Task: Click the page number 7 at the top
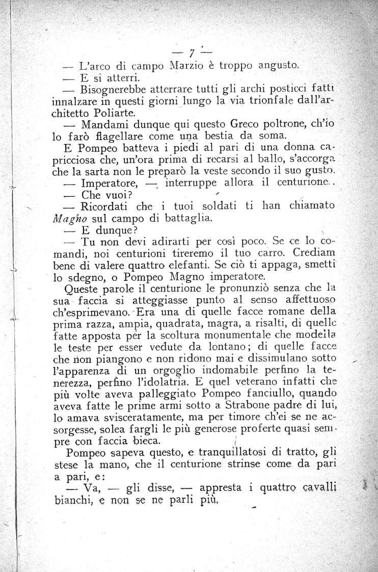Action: [192, 52]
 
